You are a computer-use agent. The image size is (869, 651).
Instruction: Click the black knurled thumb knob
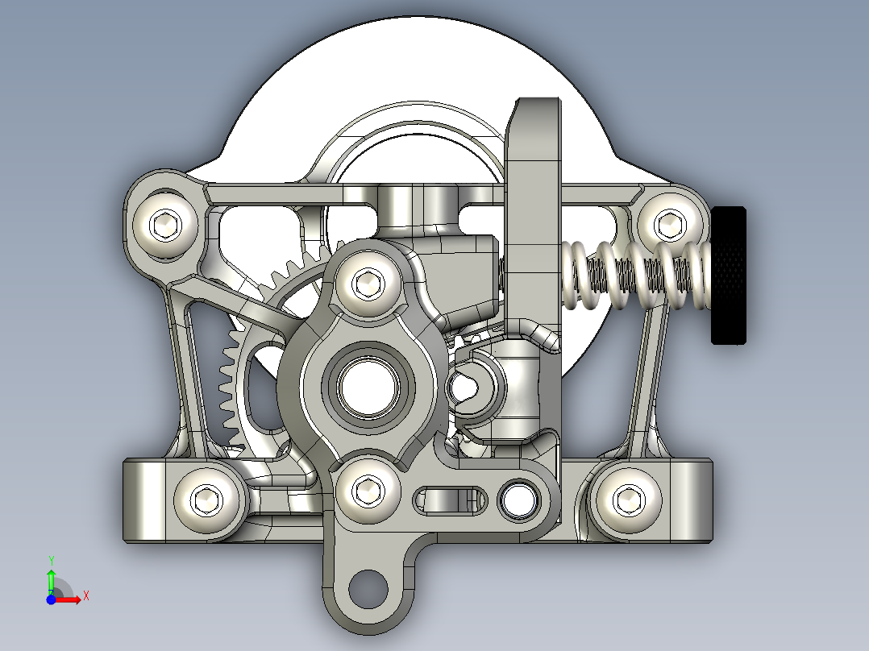[x=728, y=275]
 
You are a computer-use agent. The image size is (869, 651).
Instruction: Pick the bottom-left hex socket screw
[x=209, y=500]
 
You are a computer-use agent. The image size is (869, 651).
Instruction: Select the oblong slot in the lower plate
[x=451, y=500]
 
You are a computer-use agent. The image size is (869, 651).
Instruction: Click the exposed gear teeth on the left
[x=230, y=379]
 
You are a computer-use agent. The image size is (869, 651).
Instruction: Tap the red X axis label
[x=85, y=596]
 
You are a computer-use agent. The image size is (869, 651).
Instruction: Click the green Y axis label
[x=51, y=559]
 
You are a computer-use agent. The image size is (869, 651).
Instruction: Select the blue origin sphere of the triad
[x=51, y=600]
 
